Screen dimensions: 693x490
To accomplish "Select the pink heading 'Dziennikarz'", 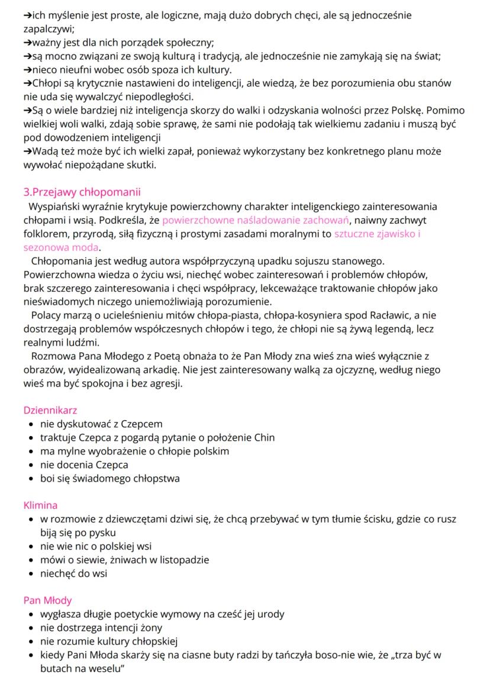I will pos(50,410).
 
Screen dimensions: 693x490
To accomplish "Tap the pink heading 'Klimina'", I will pos(41,505).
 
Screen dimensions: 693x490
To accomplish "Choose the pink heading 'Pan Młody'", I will pos(47,600).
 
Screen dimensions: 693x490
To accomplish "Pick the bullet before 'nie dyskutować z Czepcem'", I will pos(31,424).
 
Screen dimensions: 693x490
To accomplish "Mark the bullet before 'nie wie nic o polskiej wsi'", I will pos(31,546).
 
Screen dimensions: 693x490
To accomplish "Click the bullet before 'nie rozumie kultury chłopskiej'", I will pos(31,641).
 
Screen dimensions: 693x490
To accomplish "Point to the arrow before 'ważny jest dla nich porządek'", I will pos(27,42).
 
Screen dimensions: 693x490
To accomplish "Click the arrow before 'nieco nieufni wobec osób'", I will pos(27,69).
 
